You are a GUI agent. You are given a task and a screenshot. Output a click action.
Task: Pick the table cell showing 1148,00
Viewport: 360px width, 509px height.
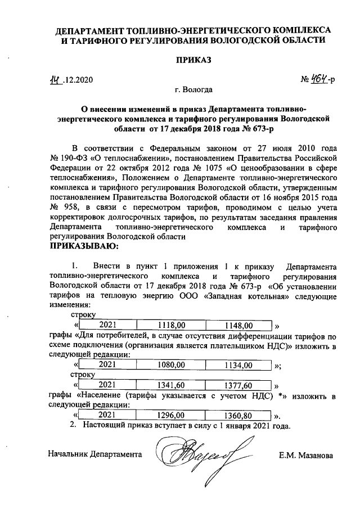(239, 325)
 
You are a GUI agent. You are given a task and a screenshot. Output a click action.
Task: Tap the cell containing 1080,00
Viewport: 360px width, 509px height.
(171, 366)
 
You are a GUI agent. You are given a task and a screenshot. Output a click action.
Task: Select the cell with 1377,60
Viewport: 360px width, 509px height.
(239, 385)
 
